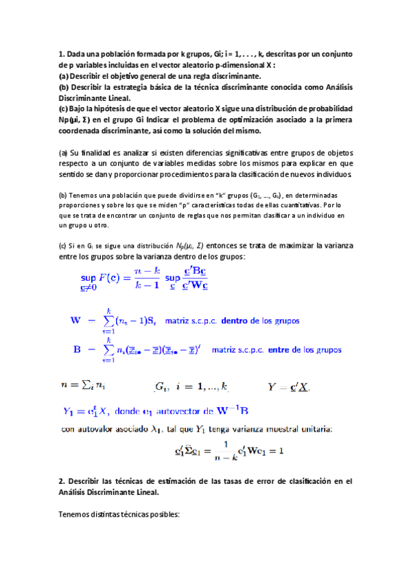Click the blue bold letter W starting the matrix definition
point(76,320)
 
